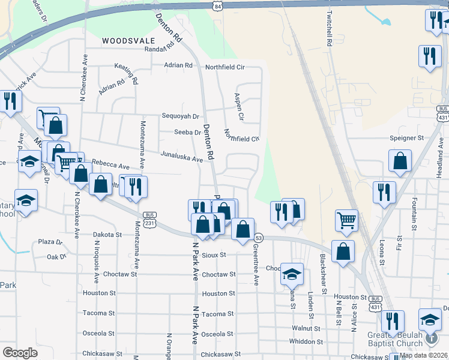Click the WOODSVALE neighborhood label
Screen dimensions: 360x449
[125, 41]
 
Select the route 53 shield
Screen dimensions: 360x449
[259, 238]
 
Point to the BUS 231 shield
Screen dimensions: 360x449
[150, 219]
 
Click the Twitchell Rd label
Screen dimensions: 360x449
[330, 29]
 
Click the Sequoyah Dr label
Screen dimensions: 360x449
[181, 116]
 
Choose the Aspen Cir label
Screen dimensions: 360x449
[238, 103]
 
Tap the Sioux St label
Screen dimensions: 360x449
[214, 254]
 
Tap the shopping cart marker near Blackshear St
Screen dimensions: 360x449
[346, 220]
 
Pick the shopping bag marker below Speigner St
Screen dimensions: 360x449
[400, 161]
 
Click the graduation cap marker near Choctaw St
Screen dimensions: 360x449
[292, 274]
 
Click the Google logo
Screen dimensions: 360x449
[20, 353]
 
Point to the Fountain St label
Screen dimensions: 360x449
[414, 214]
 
